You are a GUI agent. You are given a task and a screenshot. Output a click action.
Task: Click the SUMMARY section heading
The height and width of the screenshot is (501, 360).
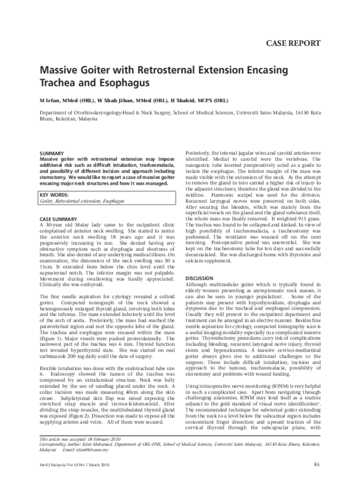point(51,154)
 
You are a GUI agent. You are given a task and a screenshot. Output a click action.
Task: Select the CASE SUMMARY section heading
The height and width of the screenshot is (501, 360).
point(58,219)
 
